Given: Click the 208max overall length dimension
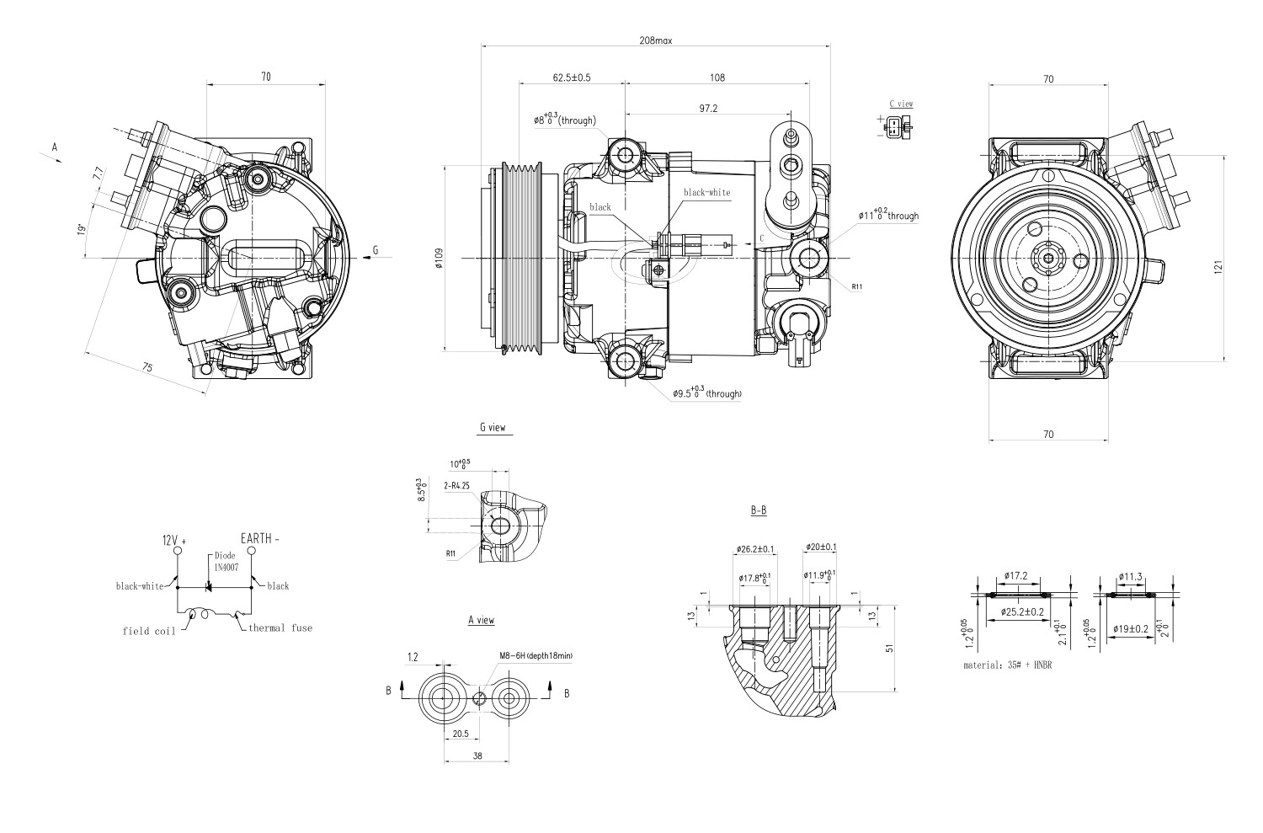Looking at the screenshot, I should (655, 40).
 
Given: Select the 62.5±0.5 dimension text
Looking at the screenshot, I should (572, 77).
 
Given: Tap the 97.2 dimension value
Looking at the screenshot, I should (707, 109).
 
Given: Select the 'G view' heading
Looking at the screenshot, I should (493, 428).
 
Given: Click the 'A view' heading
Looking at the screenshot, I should (481, 620).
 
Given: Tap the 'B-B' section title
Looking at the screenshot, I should (758, 510).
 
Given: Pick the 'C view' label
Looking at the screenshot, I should (901, 104).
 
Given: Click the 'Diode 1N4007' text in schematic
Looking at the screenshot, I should (225, 562).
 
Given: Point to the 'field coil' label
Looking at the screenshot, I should (149, 631).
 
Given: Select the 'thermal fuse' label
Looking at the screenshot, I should (280, 627).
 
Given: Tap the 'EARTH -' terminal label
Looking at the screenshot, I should (260, 538).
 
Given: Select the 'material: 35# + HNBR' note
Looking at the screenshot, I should (1008, 665).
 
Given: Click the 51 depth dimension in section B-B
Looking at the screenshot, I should (890, 649).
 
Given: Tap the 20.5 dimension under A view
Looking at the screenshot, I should (461, 734).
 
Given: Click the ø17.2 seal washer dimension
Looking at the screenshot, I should (1016, 576).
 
